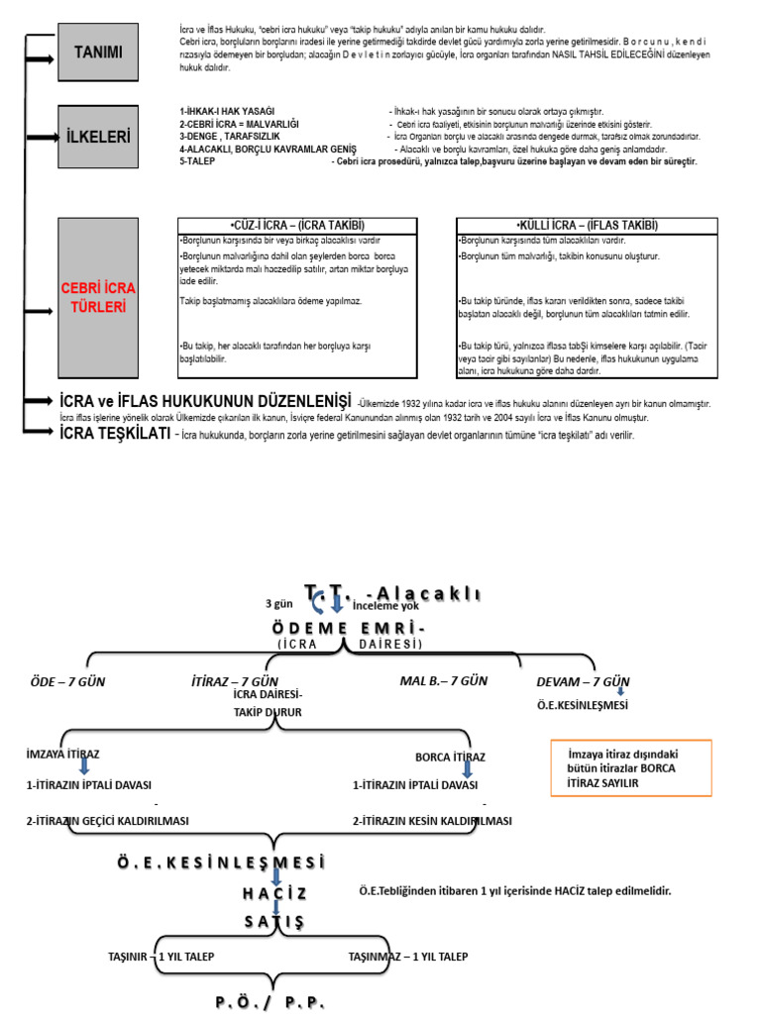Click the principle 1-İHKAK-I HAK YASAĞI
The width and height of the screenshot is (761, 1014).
click(227, 111)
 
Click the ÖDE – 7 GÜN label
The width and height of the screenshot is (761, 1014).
click(66, 682)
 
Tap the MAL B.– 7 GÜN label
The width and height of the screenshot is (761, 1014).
click(444, 681)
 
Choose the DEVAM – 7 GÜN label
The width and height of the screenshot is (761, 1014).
click(583, 682)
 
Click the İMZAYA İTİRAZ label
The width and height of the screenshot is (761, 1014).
click(62, 755)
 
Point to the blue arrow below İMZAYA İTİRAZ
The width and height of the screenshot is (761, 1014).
click(83, 768)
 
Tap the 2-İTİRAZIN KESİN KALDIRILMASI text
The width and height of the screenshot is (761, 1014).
click(432, 821)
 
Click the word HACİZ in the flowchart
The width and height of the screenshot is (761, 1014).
click(273, 893)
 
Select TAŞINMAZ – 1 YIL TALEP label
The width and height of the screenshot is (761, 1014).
click(408, 957)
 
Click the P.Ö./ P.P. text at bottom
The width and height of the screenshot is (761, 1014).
click(271, 1001)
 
